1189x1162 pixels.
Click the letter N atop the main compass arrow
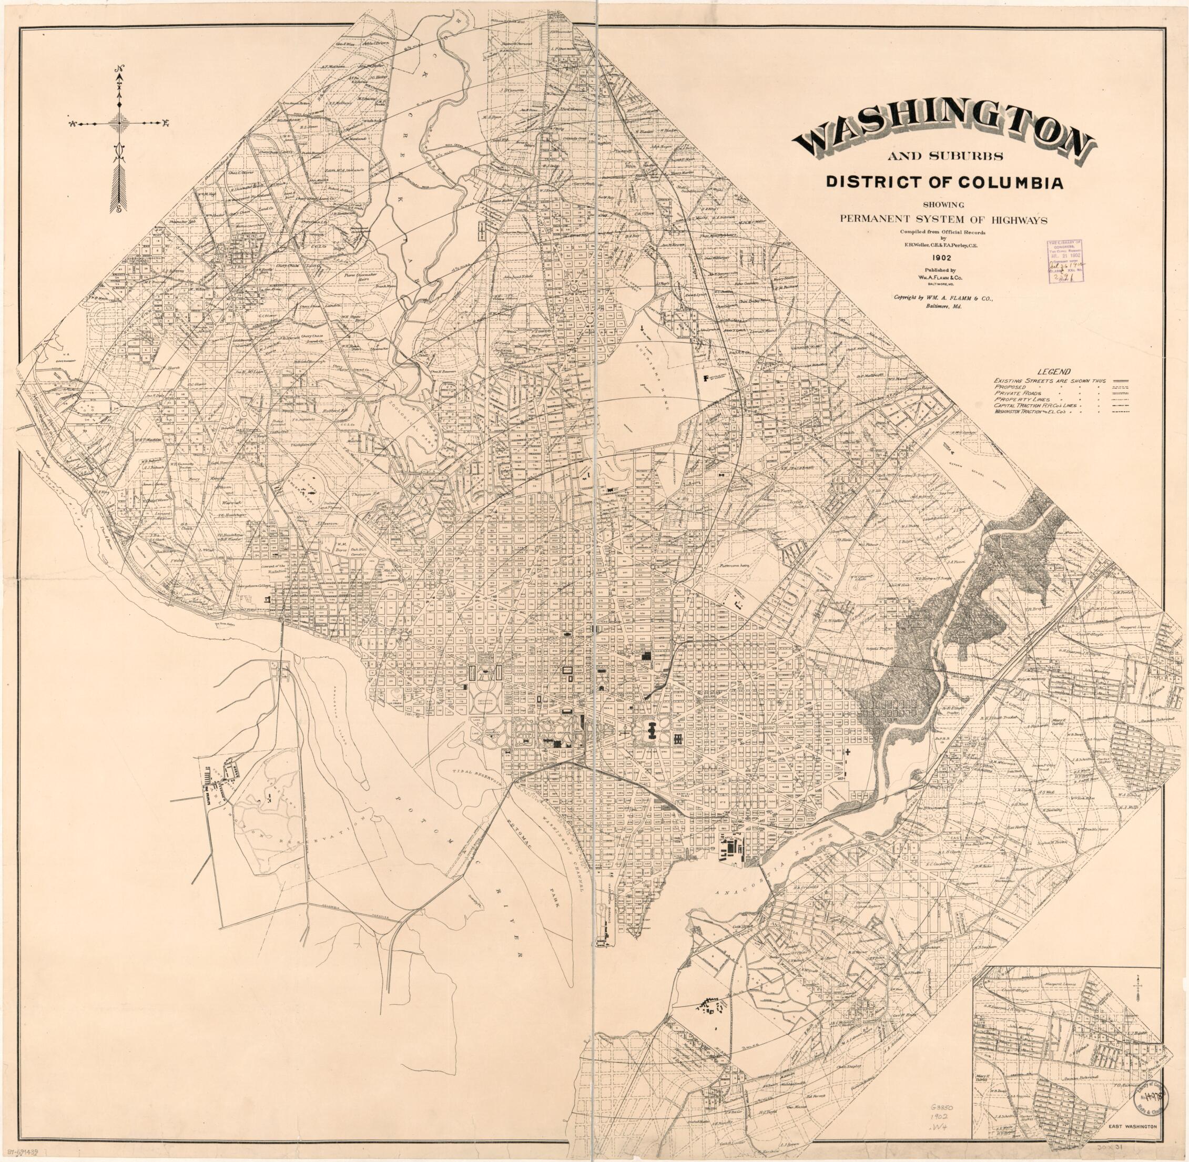[119, 68]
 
